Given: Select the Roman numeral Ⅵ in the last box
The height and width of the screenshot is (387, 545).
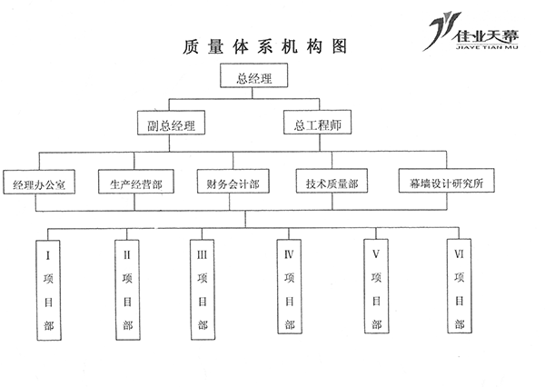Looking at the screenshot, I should point(460,255).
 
